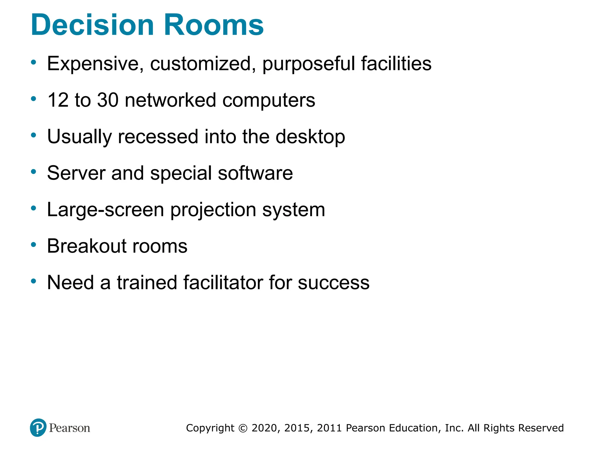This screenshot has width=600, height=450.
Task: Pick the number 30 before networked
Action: click(108, 100)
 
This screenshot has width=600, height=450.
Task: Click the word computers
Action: click(269, 100)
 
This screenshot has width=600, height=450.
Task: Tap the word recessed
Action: click(158, 137)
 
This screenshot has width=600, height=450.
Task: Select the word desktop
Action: click(310, 137)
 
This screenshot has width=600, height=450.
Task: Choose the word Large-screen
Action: click(105, 209)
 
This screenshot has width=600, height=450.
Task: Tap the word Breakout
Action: click(87, 246)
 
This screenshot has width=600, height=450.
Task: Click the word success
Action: click(334, 282)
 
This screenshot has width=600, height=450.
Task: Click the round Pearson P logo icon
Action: click(38, 428)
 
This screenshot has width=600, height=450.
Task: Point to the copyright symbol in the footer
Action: click(243, 428)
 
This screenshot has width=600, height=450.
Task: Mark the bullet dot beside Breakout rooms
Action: click(34, 244)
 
